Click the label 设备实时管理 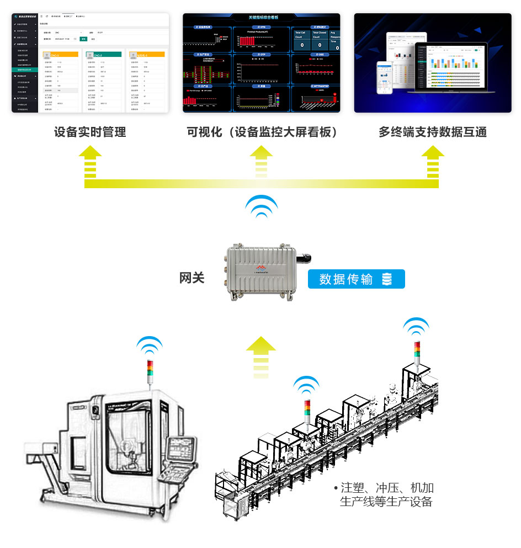[90, 132]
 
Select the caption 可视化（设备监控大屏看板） [262, 132]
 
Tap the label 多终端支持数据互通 [433, 132]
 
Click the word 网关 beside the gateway [192, 278]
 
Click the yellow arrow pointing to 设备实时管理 [91, 160]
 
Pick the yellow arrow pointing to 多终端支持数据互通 [433, 160]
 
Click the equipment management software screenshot [91, 63]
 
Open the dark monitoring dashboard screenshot [261, 63]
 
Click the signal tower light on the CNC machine [150, 371]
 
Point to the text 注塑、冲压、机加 [387, 488]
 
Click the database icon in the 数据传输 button [386, 279]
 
